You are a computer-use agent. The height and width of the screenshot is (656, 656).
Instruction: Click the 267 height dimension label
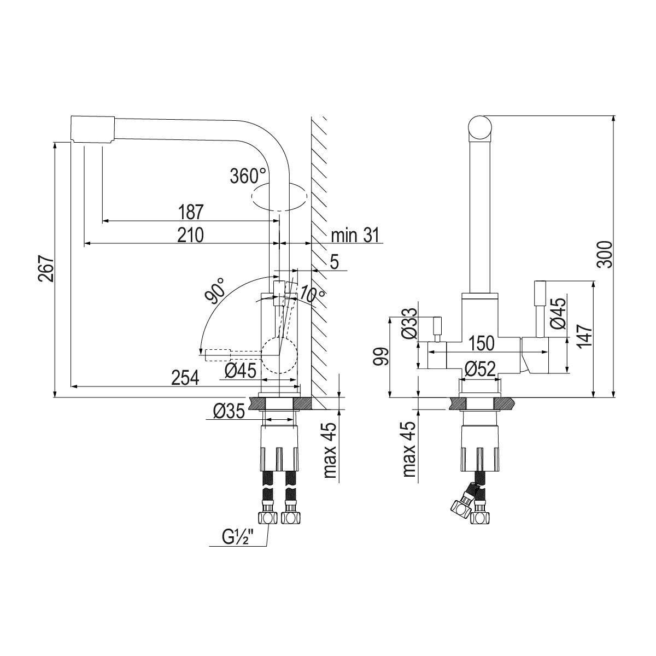tap(46, 268)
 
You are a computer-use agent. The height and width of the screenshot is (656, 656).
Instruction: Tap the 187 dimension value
tap(191, 212)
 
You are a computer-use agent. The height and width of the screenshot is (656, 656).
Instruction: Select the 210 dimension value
tap(190, 235)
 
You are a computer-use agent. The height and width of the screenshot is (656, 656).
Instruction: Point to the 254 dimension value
tap(185, 378)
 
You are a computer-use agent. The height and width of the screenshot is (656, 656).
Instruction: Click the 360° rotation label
tap(248, 176)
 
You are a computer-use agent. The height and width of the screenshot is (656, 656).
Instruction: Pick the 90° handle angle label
tap(215, 290)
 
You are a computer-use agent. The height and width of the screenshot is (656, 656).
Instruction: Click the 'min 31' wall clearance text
tap(355, 235)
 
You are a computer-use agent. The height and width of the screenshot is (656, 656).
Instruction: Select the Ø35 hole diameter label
tap(229, 411)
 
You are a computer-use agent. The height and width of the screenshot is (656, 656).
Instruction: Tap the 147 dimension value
tap(584, 335)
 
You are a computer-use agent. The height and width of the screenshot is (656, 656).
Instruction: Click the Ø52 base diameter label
tap(480, 369)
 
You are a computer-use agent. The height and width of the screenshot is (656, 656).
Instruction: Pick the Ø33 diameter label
tap(408, 324)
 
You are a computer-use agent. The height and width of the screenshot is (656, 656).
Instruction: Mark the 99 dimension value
tap(380, 356)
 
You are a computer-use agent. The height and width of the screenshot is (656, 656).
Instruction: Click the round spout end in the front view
tap(480, 128)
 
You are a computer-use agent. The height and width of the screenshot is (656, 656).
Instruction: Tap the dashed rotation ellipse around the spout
tap(279, 196)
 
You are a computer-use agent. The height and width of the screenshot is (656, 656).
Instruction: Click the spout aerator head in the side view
tap(92, 130)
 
